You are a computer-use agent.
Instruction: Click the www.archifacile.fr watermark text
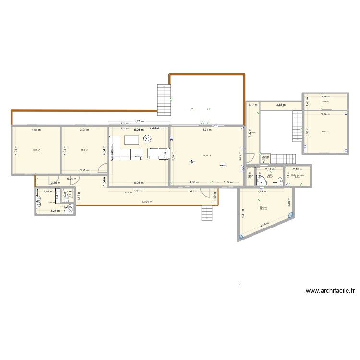tap(330, 290)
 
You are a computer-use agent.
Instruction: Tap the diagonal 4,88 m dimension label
tap(264, 226)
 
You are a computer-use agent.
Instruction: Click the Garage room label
tap(264, 207)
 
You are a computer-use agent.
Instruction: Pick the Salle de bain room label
tap(298, 175)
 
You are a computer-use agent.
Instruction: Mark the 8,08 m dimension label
tap(71, 179)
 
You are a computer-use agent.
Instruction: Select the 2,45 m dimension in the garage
tap(289, 204)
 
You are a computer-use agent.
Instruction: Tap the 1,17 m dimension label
tap(252, 105)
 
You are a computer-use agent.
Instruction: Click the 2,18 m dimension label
tap(297, 169)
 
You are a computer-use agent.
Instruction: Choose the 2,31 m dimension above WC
tap(270, 169)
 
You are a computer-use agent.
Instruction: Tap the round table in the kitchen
tap(147, 140)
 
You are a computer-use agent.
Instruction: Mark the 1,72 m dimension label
tap(228, 182)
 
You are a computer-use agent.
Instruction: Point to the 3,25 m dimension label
tap(55, 211)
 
